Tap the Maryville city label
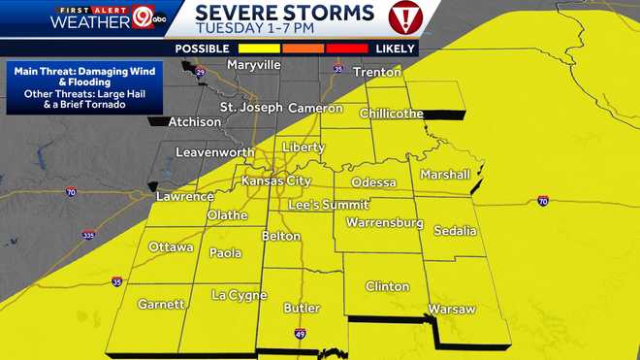[x=253, y=65]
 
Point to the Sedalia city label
[x=455, y=231]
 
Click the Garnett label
[x=161, y=304]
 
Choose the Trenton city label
[x=377, y=73]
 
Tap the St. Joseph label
[x=251, y=107]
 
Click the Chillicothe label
[x=392, y=114]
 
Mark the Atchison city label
[x=194, y=122]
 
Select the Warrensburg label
[x=384, y=223]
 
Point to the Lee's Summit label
[x=329, y=205]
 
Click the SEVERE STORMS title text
[x=285, y=12]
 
